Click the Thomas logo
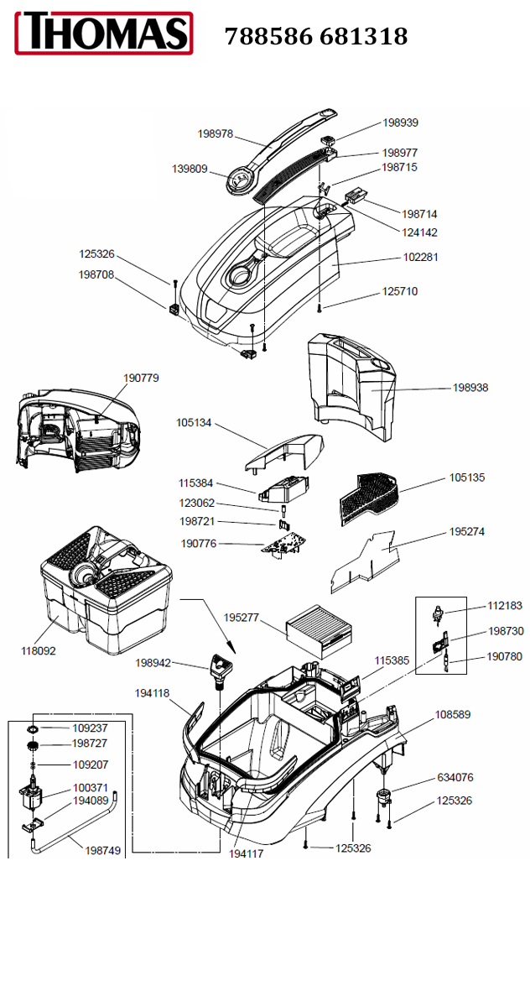click(x=104, y=34)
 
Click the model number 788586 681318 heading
click(x=316, y=36)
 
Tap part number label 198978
click(x=216, y=133)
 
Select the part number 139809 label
click(x=190, y=169)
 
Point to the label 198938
click(x=470, y=387)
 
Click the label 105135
click(x=467, y=477)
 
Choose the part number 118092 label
click(x=39, y=650)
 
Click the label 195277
click(x=242, y=618)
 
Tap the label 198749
click(x=103, y=851)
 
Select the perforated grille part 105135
click(x=369, y=498)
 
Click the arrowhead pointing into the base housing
click(x=231, y=646)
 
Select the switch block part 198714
click(x=355, y=196)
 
